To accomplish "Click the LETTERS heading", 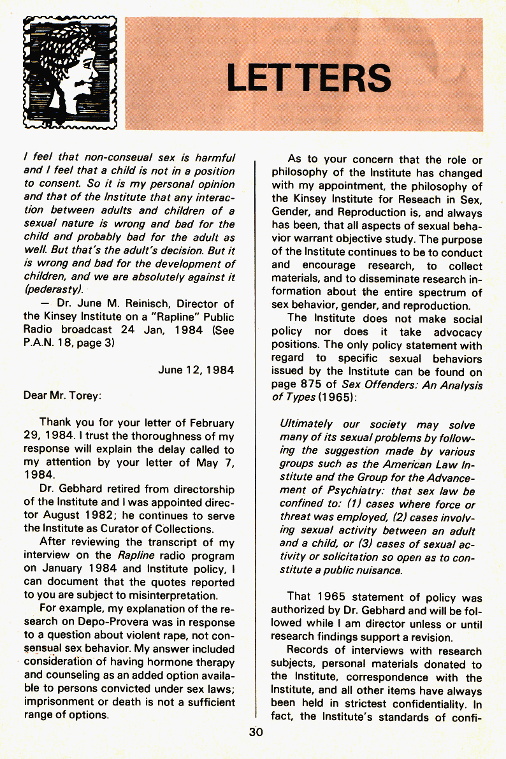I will (x=308, y=78).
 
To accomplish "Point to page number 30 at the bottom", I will (x=256, y=732).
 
